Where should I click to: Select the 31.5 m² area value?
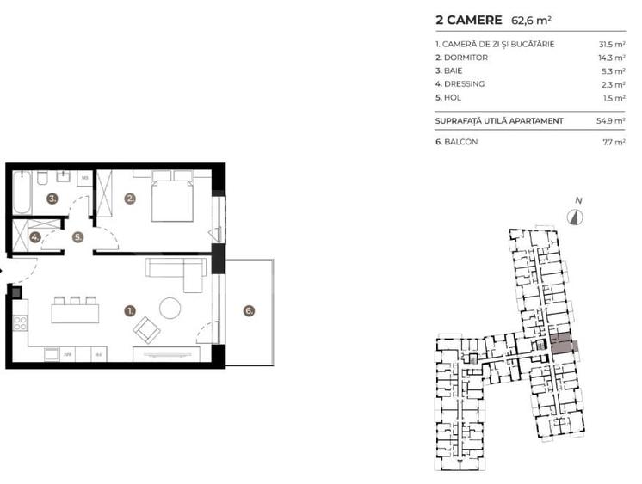click(x=612, y=44)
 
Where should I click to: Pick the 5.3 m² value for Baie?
click(x=614, y=71)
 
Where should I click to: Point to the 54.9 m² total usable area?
click(x=612, y=121)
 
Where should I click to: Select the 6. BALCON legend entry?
click(x=457, y=141)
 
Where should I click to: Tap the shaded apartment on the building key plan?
click(x=561, y=346)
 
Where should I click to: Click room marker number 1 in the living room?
click(x=130, y=309)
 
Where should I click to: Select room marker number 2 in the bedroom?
click(x=130, y=199)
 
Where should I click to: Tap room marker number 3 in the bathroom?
click(x=52, y=199)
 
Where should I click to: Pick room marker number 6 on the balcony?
click(x=249, y=311)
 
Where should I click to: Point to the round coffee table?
click(x=170, y=307)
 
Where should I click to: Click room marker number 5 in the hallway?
click(x=77, y=237)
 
